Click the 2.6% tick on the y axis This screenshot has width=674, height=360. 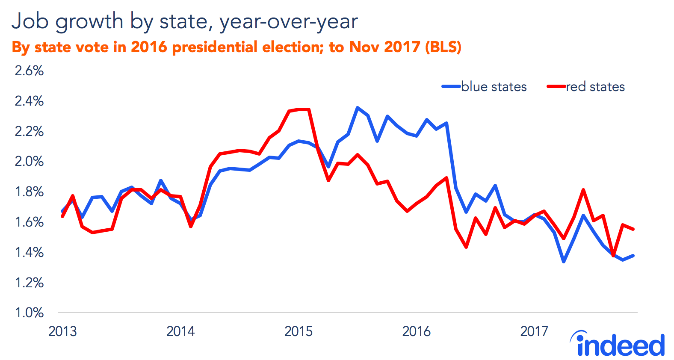tap(29, 71)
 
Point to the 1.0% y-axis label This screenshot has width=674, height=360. tap(29, 313)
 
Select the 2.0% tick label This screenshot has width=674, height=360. tap(29, 161)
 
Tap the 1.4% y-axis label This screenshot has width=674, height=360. tap(29, 252)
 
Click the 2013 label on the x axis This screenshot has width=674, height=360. tap(62, 331)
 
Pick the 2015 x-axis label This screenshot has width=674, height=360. tap(299, 331)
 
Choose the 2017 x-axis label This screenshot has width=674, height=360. tap(534, 331)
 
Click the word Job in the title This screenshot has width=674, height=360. tap(31, 21)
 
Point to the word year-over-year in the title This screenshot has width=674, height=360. tap(289, 21)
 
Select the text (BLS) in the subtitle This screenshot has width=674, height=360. tap(443, 47)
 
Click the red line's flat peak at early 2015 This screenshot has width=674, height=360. tap(304, 109)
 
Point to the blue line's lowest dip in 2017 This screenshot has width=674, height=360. tap(564, 261)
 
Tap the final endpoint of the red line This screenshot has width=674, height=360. tap(633, 229)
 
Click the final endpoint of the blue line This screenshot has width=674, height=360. tap(633, 256)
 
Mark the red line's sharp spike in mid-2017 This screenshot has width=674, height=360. tap(583, 190)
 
